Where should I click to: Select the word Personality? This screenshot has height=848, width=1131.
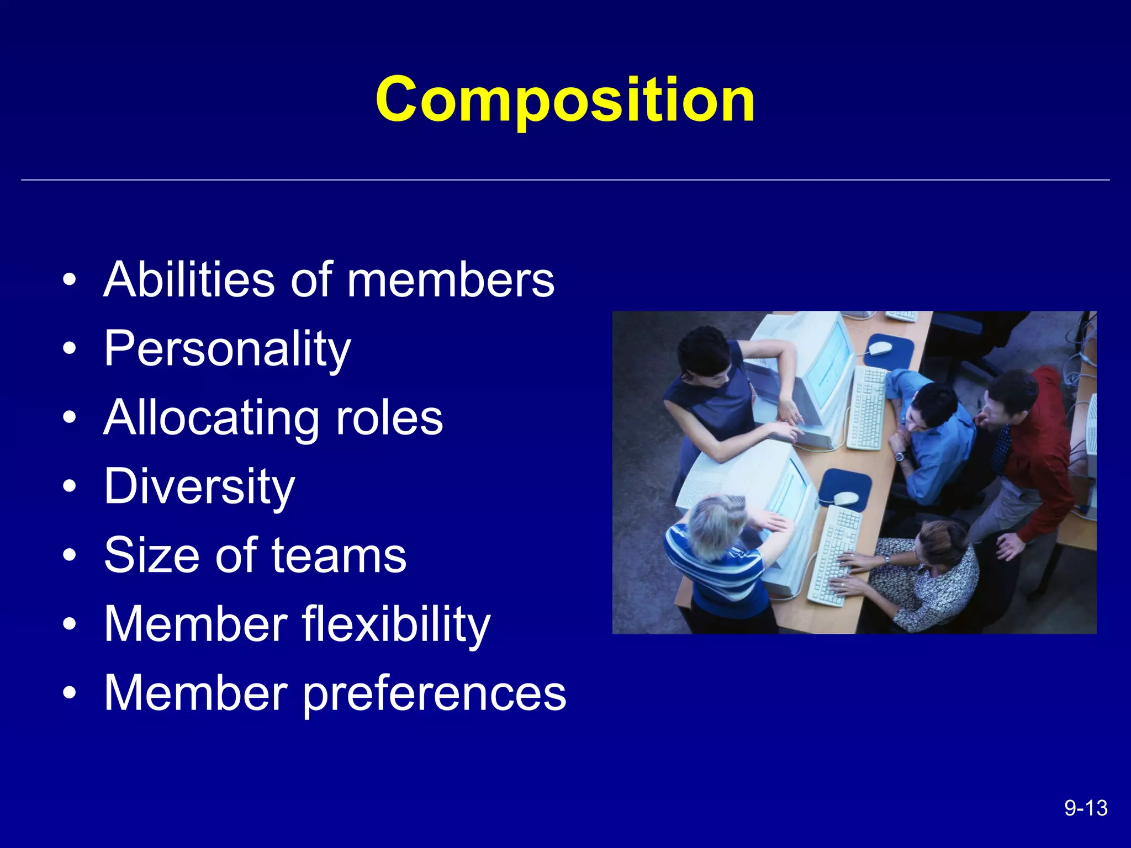[x=228, y=349]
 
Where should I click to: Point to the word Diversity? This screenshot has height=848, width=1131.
[x=199, y=486]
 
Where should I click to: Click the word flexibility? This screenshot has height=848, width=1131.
[x=396, y=624]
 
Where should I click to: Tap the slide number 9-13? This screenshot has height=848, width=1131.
[x=1086, y=808]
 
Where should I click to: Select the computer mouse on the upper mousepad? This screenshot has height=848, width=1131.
[x=880, y=348]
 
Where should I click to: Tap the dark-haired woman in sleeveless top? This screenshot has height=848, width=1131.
[x=712, y=386]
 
